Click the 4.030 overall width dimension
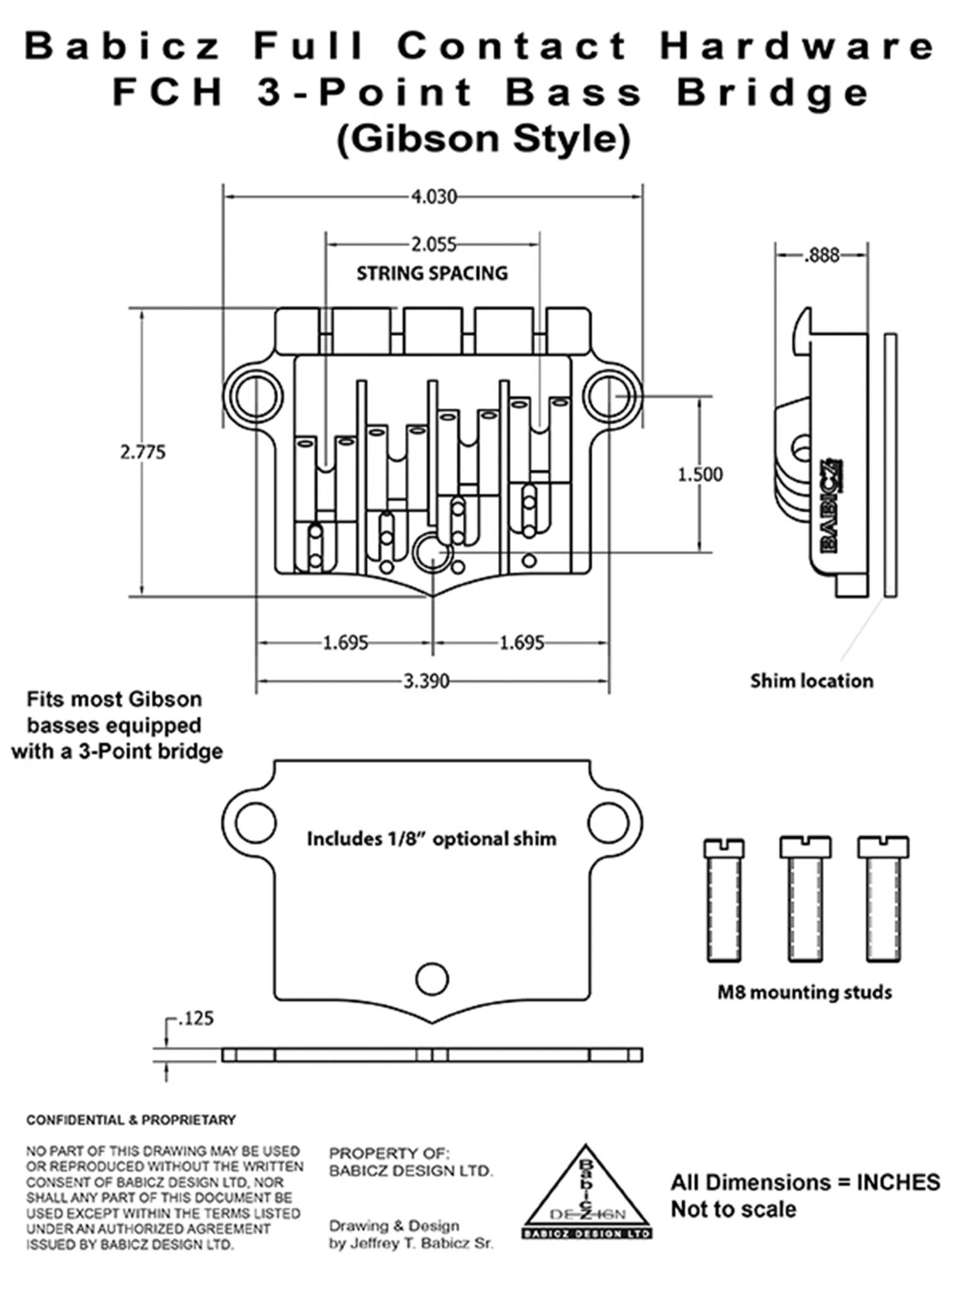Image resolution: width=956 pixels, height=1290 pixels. click(x=434, y=197)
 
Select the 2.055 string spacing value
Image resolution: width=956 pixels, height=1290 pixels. click(x=433, y=244)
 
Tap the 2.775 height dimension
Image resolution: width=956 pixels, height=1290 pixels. click(x=143, y=452)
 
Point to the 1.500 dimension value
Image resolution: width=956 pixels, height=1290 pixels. click(x=700, y=474)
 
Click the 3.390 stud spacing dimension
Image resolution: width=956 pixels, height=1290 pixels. click(x=426, y=681)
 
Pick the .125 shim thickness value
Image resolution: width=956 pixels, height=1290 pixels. click(x=196, y=1019)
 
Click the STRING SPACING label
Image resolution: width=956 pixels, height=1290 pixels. click(x=432, y=273)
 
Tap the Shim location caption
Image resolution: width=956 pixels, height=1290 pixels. click(x=811, y=681)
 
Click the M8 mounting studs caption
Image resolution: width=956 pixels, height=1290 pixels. click(x=805, y=993)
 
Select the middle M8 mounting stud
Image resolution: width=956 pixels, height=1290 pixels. click(x=805, y=900)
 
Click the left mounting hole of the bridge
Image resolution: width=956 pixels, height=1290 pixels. click(x=256, y=397)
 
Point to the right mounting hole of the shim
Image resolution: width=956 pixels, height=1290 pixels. click(x=608, y=822)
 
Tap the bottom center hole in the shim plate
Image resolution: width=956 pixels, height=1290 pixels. click(x=432, y=978)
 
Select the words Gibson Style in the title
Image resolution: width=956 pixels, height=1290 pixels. click(x=484, y=139)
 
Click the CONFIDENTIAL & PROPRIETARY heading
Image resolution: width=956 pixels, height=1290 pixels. click(x=131, y=1120)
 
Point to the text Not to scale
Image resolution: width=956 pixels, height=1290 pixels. click(x=733, y=1209)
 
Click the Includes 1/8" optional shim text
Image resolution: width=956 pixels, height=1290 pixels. click(x=431, y=839)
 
